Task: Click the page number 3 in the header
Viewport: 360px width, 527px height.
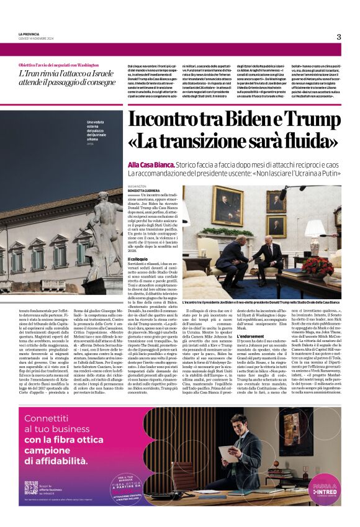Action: (339, 37)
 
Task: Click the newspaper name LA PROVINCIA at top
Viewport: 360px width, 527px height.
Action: (30, 33)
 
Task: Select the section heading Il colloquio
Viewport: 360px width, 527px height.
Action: (138, 258)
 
